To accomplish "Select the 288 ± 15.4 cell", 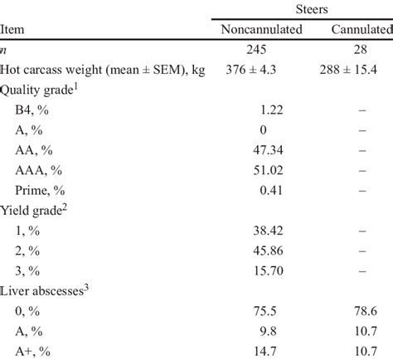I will [357, 71].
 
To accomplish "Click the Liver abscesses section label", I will [45, 289].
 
